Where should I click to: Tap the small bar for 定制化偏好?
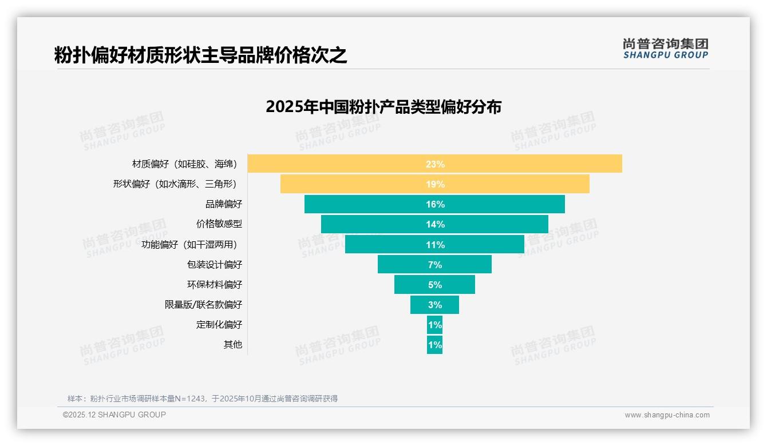(x=434, y=325)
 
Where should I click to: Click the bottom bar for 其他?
(x=434, y=345)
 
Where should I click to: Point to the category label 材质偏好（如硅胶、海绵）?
(x=184, y=164)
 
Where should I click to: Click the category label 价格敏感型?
(x=219, y=224)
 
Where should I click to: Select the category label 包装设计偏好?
(x=215, y=264)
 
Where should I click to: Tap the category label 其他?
(x=233, y=345)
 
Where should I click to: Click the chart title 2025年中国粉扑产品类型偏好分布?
(x=383, y=107)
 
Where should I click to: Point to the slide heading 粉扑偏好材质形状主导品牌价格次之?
(x=200, y=55)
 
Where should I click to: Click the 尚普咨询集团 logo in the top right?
(x=665, y=49)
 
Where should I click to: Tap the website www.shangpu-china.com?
(x=667, y=415)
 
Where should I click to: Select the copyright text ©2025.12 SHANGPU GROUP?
(x=114, y=415)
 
